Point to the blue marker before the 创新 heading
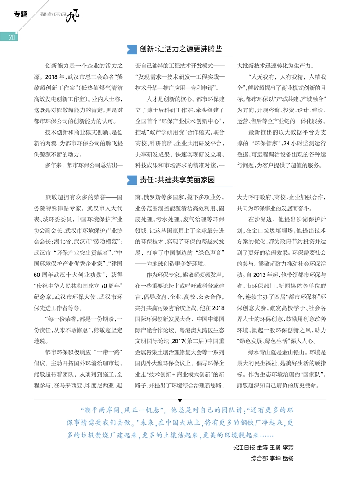132,49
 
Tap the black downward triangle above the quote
180,400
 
